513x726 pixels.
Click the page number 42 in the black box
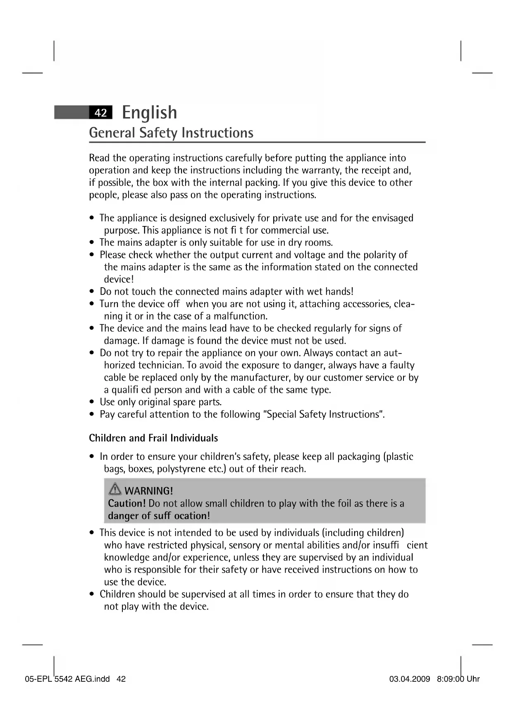pyautogui.click(x=100, y=113)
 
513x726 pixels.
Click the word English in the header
pyautogui.click(x=150, y=113)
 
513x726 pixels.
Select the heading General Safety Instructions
pyautogui.click(x=171, y=133)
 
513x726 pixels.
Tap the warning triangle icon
pyautogui.click(x=115, y=490)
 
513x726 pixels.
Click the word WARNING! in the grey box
pyautogui.click(x=148, y=491)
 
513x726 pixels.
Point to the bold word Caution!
pyautogui.click(x=127, y=503)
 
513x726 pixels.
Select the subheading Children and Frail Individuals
pyautogui.click(x=153, y=438)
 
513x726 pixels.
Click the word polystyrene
pyautogui.click(x=179, y=469)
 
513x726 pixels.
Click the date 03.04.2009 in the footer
pyautogui.click(x=410, y=679)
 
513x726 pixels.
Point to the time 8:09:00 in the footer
pyautogui.click(x=450, y=679)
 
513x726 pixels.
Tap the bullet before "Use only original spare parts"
pyautogui.click(x=92, y=402)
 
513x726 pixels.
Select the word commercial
pyautogui.click(x=285, y=230)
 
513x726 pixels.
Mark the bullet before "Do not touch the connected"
pyautogui.click(x=92, y=292)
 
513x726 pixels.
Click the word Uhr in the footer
pyautogui.click(x=473, y=679)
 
